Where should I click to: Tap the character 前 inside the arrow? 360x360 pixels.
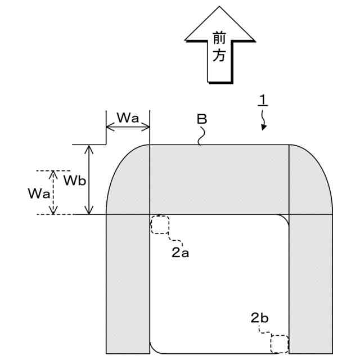click(x=219, y=38)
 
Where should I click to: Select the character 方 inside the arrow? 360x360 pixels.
click(x=219, y=57)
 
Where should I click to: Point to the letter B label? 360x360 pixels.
click(x=202, y=119)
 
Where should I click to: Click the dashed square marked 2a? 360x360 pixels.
click(x=160, y=224)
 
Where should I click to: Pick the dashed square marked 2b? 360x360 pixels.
click(x=279, y=343)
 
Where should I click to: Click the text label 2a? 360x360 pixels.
click(x=179, y=253)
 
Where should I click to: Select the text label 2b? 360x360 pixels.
click(x=259, y=318)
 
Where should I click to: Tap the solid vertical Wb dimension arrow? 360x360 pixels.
click(x=89, y=179)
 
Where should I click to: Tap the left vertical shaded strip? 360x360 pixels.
click(x=128, y=284)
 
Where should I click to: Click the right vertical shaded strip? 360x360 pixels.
click(x=310, y=284)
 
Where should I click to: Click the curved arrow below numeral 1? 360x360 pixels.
click(x=263, y=119)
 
